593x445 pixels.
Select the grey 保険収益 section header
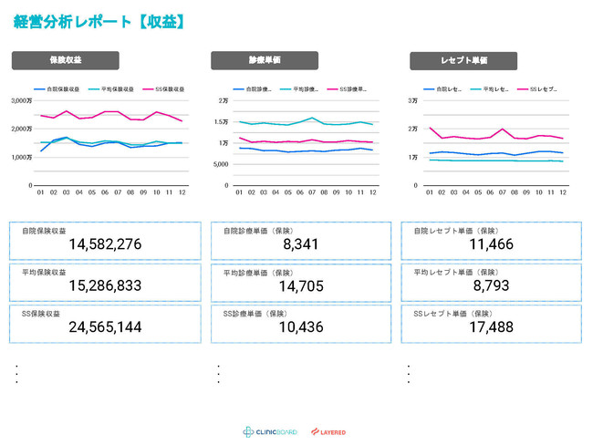point(65,60)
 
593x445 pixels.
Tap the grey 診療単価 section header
point(265,60)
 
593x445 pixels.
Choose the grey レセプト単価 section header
point(463,60)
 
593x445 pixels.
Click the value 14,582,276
point(105,244)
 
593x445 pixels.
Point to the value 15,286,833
point(105,285)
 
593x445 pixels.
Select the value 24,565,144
point(105,326)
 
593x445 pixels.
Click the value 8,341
point(301,244)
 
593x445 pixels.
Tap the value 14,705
point(301,285)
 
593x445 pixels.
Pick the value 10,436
point(301,326)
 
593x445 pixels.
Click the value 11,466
point(494,244)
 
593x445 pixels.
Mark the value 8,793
point(494,285)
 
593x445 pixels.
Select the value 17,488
point(494,326)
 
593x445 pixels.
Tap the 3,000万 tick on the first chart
point(21,100)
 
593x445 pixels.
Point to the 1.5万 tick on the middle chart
point(223,121)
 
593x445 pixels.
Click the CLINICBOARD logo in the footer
point(270,431)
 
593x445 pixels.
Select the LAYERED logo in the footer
point(328,431)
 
